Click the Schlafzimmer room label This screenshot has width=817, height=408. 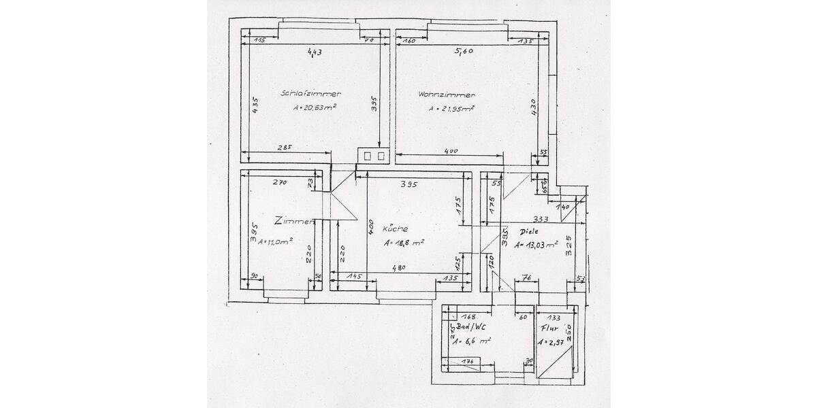pyautogui.click(x=310, y=93)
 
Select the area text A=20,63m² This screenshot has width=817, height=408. pyautogui.click(x=315, y=107)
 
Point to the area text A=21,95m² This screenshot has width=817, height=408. pyautogui.click(x=451, y=108)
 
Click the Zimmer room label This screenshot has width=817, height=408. pyautogui.click(x=293, y=221)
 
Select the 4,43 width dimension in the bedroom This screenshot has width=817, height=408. pyautogui.click(x=314, y=52)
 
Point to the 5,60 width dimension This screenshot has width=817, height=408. pyautogui.click(x=463, y=51)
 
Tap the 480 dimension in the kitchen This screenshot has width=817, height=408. pyautogui.click(x=398, y=268)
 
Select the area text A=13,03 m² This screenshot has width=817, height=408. pyautogui.click(x=536, y=245)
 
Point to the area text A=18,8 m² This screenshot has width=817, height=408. pyautogui.click(x=404, y=243)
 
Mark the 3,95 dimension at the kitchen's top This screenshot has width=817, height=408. pyautogui.click(x=408, y=184)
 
